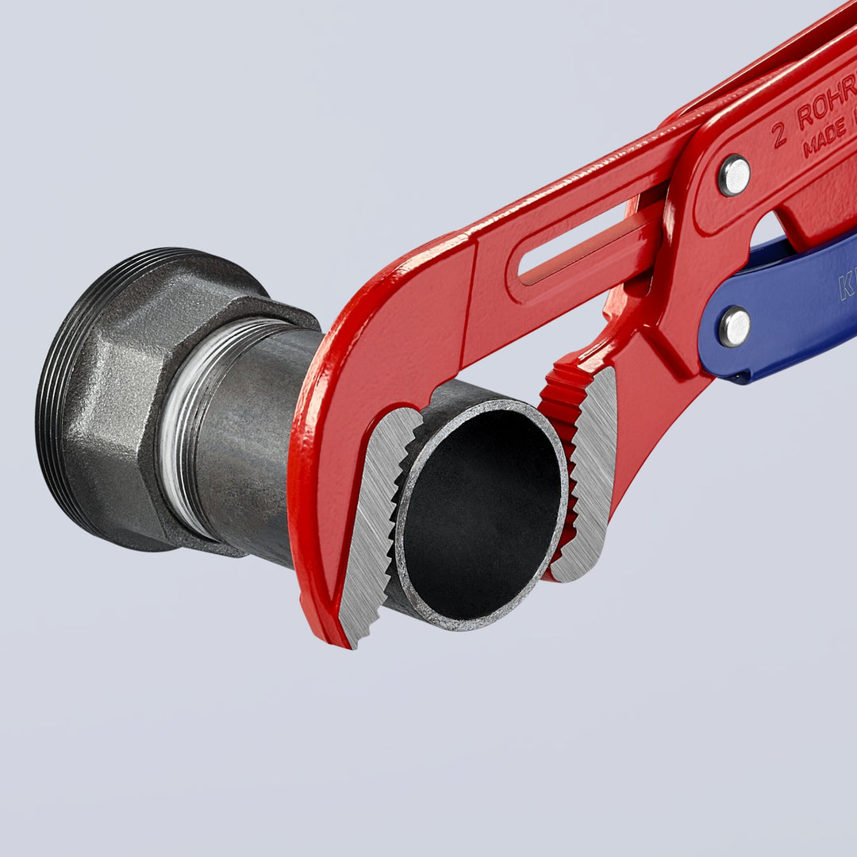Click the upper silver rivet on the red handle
click(x=734, y=175)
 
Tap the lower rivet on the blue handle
click(x=734, y=326)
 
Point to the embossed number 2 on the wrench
click(x=779, y=135)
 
